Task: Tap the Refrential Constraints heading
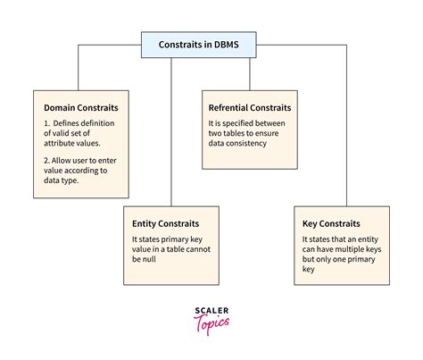pyautogui.click(x=250, y=107)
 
